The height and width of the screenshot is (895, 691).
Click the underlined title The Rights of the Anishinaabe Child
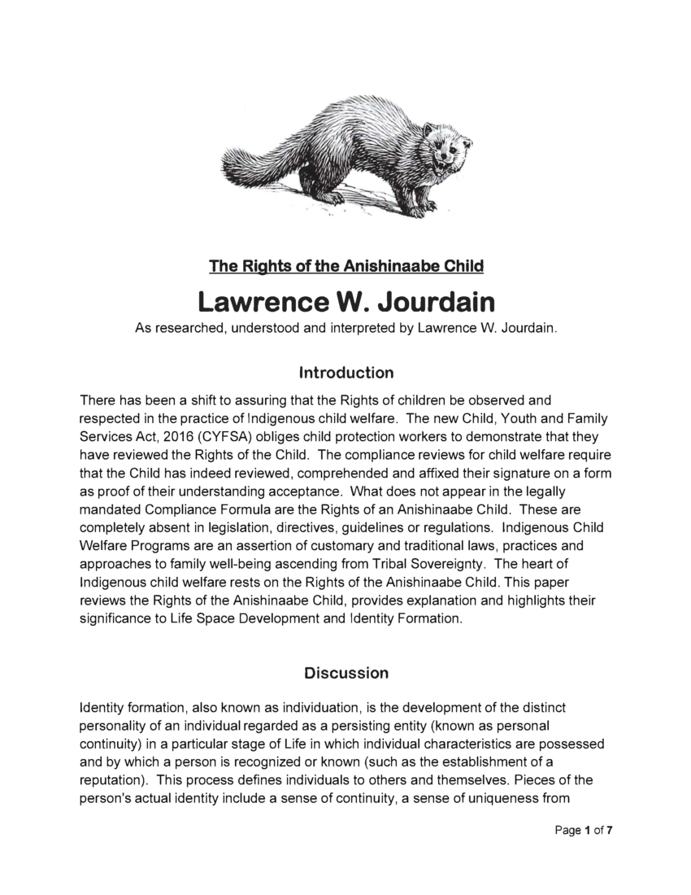pos(346,266)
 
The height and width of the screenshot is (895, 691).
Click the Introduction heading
pos(346,373)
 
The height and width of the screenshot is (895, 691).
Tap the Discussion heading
pos(346,674)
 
